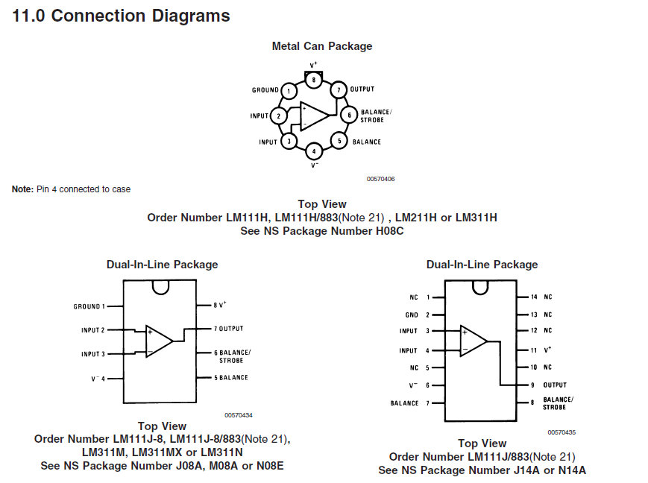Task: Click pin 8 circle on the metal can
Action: click(314, 80)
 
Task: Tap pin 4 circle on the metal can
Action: click(314, 151)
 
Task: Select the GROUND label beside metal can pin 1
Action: click(265, 89)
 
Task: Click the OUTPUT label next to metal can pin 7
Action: click(362, 89)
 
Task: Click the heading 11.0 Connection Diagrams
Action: click(121, 16)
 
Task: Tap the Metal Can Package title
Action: click(322, 46)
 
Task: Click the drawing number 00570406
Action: click(380, 179)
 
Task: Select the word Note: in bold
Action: click(22, 189)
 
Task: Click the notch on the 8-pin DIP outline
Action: click(160, 287)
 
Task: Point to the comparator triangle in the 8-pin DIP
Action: click(159, 341)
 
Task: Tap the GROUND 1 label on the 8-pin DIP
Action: click(89, 306)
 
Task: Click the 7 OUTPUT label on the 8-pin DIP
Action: click(228, 329)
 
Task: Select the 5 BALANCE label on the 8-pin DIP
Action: click(231, 378)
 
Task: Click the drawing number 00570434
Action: click(239, 415)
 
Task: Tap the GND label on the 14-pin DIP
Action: click(412, 315)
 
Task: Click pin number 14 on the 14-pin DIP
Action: click(534, 297)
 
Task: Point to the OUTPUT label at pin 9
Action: click(555, 385)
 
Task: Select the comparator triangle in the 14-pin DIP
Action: click(474, 341)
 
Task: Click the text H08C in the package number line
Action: click(389, 231)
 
